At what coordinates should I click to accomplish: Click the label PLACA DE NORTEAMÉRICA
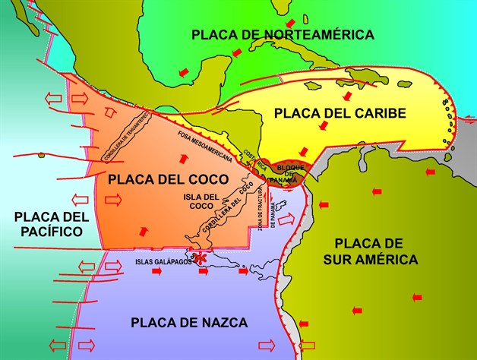coord(283,34)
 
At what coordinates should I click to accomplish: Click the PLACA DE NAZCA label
coord(189,323)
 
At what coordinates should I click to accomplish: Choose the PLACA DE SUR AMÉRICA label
coord(376,251)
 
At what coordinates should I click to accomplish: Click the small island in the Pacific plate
coord(42,156)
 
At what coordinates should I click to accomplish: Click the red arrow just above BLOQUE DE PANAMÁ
coord(304,150)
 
